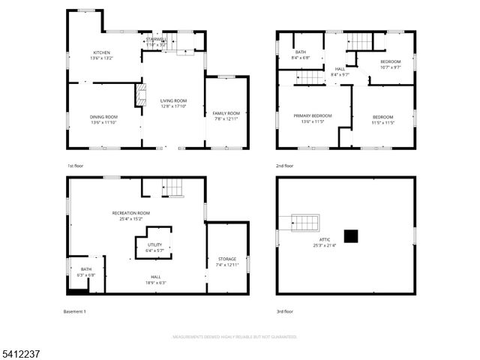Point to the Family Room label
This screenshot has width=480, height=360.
pos(226,115)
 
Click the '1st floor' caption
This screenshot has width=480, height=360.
pos(75,166)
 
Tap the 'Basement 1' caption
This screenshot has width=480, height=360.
pos(76,310)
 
